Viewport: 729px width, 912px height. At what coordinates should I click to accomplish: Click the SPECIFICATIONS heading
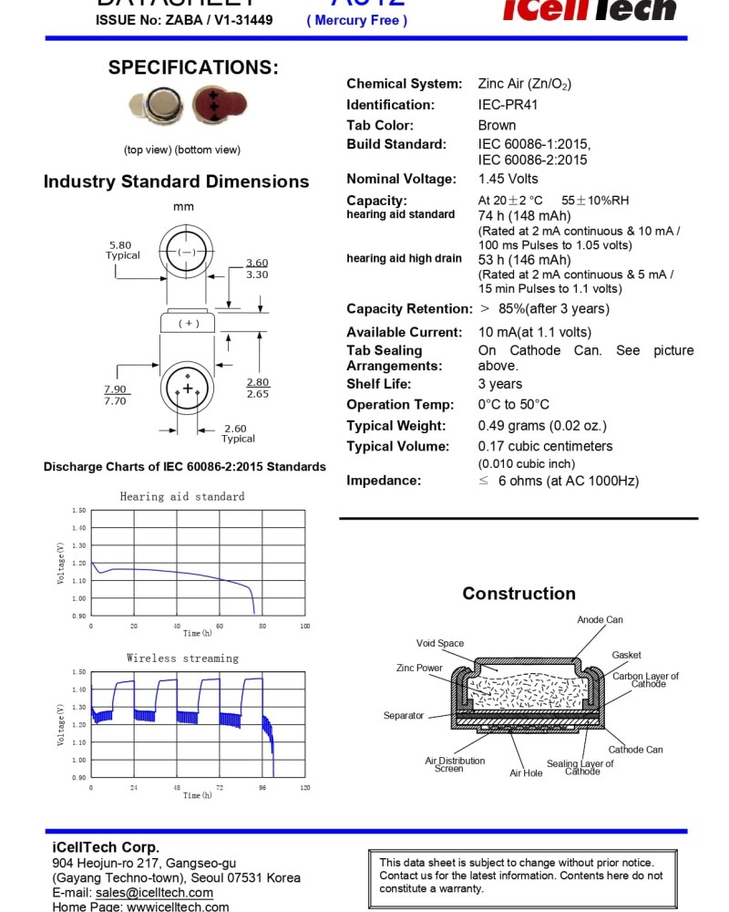193,67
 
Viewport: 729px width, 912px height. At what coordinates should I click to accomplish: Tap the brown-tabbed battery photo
220,106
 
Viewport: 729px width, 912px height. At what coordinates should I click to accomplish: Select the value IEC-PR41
508,105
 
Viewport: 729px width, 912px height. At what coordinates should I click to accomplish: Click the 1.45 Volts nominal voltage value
508,179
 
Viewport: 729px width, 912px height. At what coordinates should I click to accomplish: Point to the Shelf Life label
378,384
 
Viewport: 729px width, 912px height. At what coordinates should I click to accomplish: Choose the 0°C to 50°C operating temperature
513,405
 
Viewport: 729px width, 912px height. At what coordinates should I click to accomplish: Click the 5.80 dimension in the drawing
119,245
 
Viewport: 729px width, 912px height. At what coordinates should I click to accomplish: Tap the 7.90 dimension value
115,389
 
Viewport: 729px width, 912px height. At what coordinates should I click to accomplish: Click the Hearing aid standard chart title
182,497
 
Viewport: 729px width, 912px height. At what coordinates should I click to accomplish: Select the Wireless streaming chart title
182,658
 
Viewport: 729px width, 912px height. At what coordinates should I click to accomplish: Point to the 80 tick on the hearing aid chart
262,626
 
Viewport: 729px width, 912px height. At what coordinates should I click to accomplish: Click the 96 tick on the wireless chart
262,787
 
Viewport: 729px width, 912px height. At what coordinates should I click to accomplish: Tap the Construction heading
519,594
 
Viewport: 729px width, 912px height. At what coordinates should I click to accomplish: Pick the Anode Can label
600,620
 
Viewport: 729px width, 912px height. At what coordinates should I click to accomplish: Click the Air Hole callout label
526,773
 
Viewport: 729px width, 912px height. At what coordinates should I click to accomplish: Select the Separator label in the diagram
404,716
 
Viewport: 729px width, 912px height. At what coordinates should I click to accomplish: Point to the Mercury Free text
356,20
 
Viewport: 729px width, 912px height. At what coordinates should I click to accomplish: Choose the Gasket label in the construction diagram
626,655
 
